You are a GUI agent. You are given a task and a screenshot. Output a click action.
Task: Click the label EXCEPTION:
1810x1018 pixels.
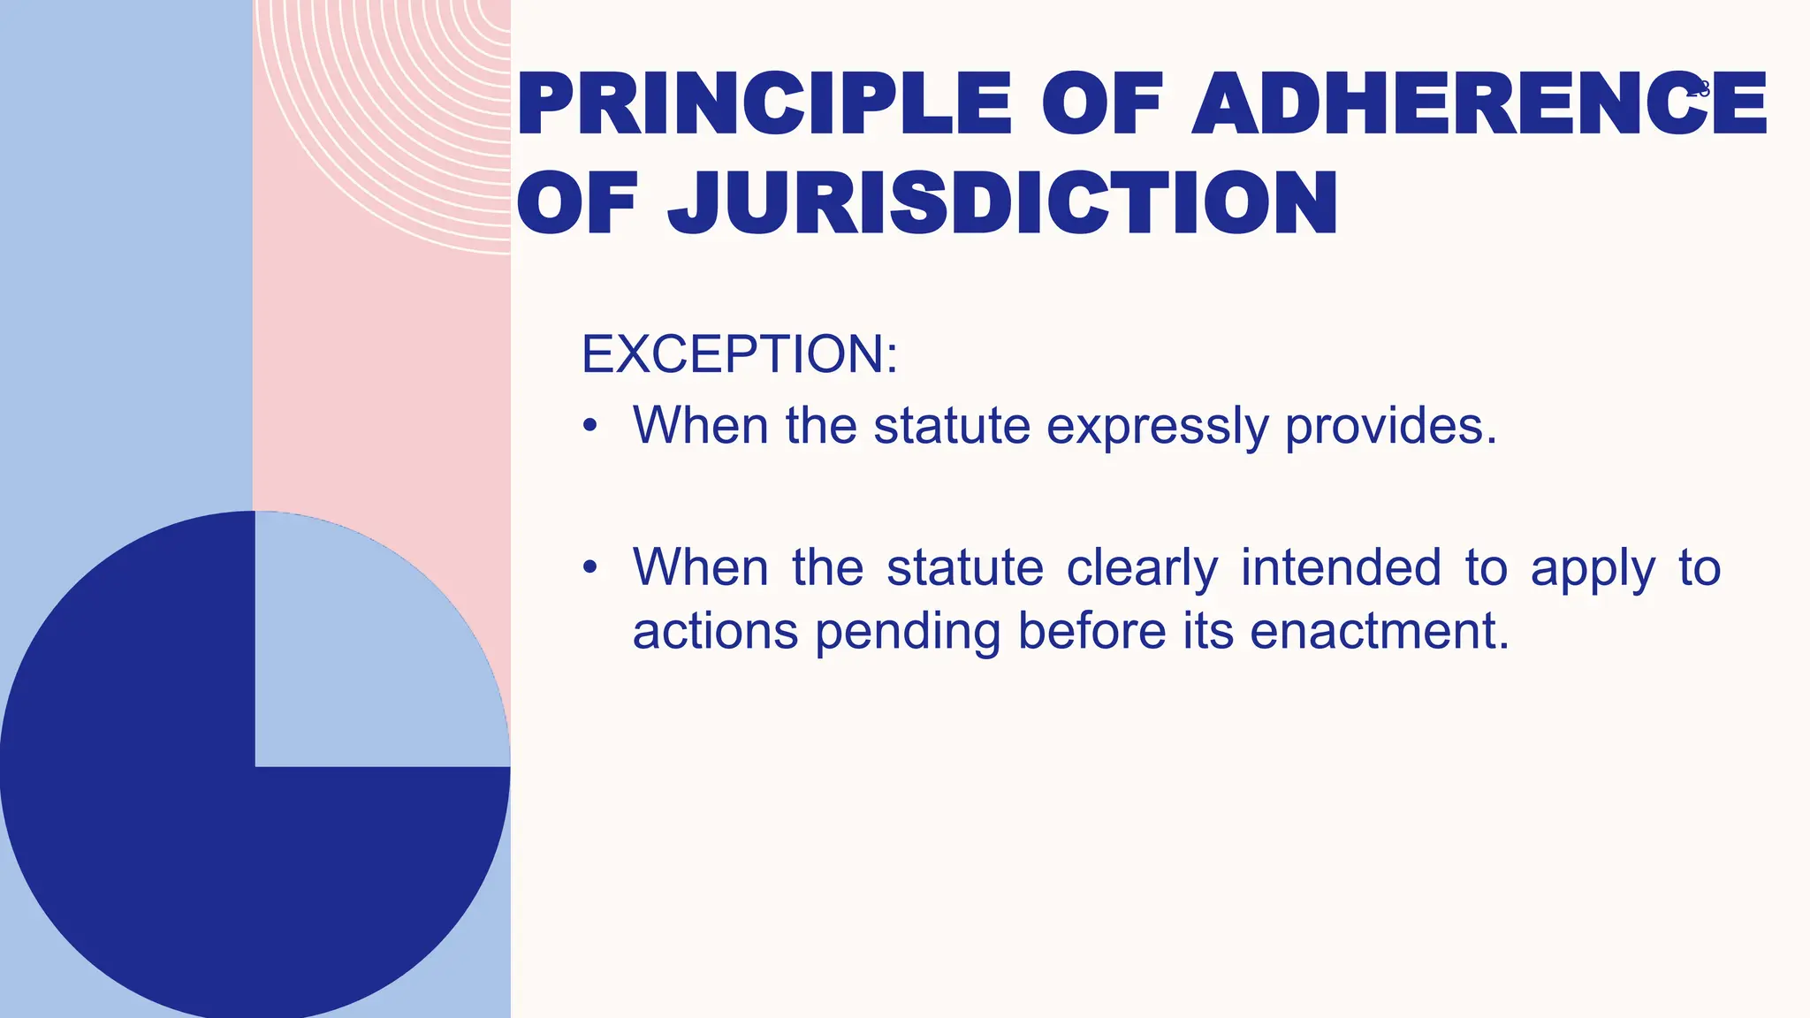(x=739, y=354)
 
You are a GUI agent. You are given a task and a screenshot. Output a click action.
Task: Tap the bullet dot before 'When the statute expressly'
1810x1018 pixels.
(x=590, y=427)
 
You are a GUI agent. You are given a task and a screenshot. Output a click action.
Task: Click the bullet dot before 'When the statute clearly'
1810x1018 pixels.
(x=590, y=567)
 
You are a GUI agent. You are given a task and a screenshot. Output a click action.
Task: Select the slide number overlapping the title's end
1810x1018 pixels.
(x=1699, y=89)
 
